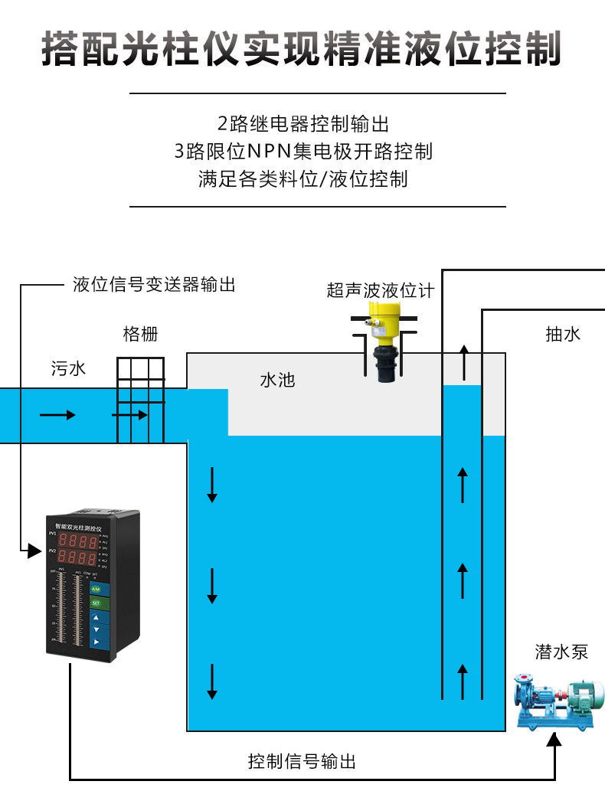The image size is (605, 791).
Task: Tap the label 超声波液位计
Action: (x=380, y=291)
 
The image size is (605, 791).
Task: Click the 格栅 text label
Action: (x=141, y=335)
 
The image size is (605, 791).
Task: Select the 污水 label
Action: (x=69, y=368)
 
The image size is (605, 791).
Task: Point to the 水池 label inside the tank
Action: (x=277, y=380)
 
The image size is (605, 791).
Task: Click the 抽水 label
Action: (x=563, y=334)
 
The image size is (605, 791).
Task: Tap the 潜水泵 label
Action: (x=561, y=652)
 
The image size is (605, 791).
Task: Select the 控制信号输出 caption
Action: (x=302, y=762)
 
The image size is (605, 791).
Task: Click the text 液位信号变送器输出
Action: (x=154, y=285)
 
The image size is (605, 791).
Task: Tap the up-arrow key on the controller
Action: (x=96, y=616)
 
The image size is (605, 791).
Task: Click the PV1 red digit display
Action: (x=77, y=537)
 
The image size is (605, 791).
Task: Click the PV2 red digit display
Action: (x=77, y=557)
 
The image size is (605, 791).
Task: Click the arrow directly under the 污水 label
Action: (x=57, y=415)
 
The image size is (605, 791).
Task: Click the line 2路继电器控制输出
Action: (x=303, y=123)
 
